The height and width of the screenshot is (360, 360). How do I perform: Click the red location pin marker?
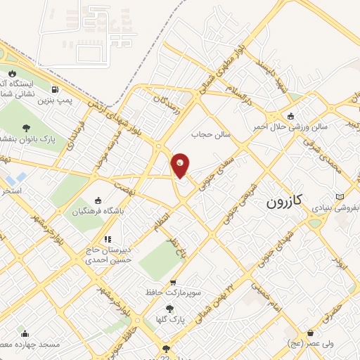[x=181, y=165]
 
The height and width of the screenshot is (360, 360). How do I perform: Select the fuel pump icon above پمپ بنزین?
[x=55, y=89]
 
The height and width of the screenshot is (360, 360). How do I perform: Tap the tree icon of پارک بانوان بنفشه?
[x=27, y=128]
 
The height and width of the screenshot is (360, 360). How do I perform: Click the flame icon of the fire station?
[x=12, y=73]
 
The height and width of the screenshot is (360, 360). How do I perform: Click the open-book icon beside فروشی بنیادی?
[x=341, y=196]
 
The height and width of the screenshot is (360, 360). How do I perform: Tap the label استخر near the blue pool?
[x=11, y=191]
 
